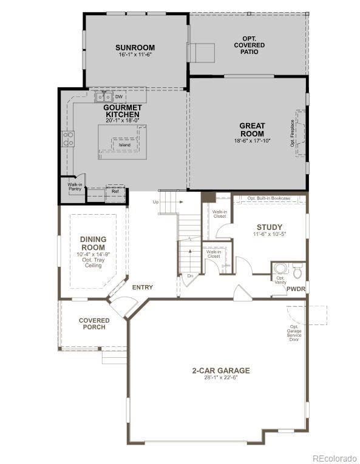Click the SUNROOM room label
[135, 47]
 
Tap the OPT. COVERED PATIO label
[249, 45]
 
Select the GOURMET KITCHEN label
[122, 110]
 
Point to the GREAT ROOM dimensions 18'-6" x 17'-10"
[252, 141]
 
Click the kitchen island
[122, 143]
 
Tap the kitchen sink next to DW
[103, 96]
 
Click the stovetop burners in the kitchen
[67, 139]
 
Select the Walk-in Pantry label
[75, 187]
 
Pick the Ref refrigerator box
[115, 192]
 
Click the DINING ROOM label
[93, 243]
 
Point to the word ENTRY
[143, 287]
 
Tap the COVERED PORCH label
[94, 323]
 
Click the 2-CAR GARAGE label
[221, 370]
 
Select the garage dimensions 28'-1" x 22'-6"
[221, 378]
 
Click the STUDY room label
[269, 227]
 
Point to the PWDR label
[296, 289]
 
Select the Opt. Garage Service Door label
[294, 333]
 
